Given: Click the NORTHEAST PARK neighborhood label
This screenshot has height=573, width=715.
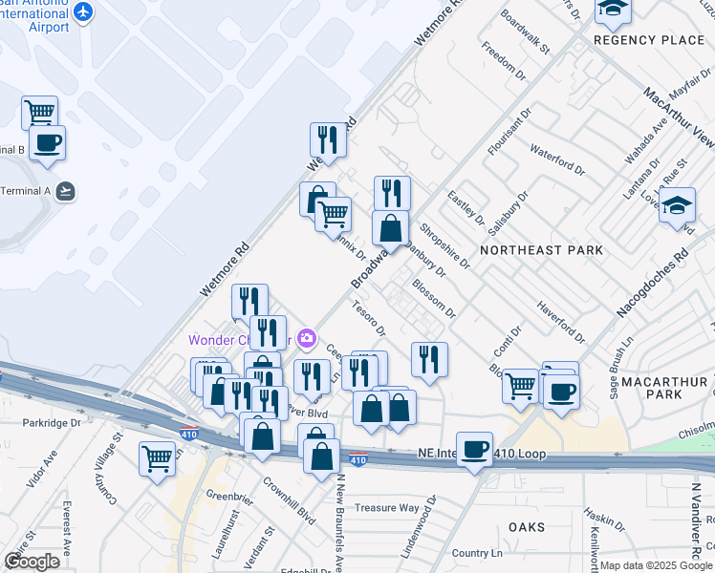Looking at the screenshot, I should click(541, 250).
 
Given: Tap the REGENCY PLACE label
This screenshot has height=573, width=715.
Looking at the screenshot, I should click(649, 40).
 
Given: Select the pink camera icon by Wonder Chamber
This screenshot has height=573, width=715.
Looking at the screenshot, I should click(307, 338).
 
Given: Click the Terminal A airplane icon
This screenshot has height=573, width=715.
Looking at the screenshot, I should click(65, 191).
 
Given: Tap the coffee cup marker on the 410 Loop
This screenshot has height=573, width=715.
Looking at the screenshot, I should click(474, 449).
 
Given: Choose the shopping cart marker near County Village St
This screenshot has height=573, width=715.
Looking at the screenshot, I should click(157, 459).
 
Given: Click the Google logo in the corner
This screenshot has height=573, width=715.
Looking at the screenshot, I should click(32, 561).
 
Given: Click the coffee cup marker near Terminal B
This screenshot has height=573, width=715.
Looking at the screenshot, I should click(46, 143).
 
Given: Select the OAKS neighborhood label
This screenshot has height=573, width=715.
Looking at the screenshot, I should click(527, 527).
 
